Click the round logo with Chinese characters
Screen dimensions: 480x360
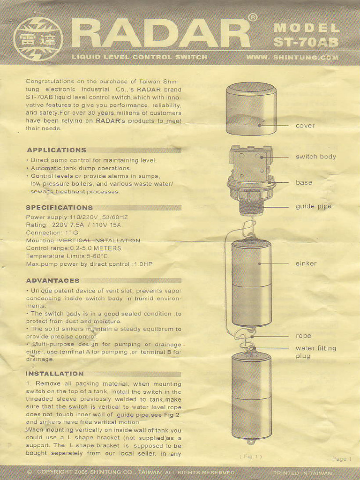(x=38, y=39)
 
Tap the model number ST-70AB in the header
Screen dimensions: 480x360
(x=306, y=42)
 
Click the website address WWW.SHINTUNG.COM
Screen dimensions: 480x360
(x=292, y=58)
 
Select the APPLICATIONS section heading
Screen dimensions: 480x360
(x=56, y=150)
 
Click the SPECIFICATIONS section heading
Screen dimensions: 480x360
(x=59, y=207)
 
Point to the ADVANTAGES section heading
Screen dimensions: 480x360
(x=52, y=280)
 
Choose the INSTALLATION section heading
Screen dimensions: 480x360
(x=54, y=374)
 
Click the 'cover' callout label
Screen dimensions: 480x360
(x=305, y=126)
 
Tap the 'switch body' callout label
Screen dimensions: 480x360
(x=315, y=157)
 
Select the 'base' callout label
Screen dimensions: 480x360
(x=304, y=182)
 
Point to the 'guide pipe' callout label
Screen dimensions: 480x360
(x=313, y=206)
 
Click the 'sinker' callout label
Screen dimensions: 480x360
(x=306, y=263)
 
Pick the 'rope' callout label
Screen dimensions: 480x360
(x=303, y=336)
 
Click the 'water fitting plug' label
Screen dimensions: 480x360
(x=315, y=352)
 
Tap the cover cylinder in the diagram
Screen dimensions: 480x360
(x=251, y=109)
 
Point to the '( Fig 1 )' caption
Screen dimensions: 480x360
(x=251, y=456)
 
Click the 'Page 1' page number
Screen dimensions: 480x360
(x=342, y=459)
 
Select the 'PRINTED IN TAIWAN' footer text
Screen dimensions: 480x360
(x=302, y=472)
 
